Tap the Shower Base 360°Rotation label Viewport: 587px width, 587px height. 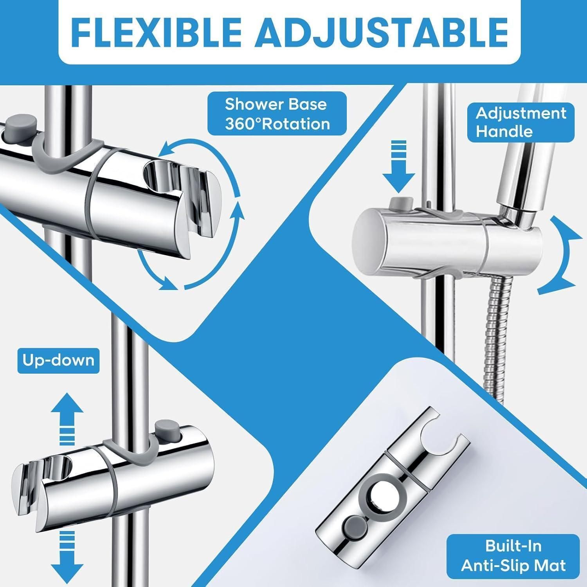pos(277,114)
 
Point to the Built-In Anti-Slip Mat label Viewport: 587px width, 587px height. pos(513,555)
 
